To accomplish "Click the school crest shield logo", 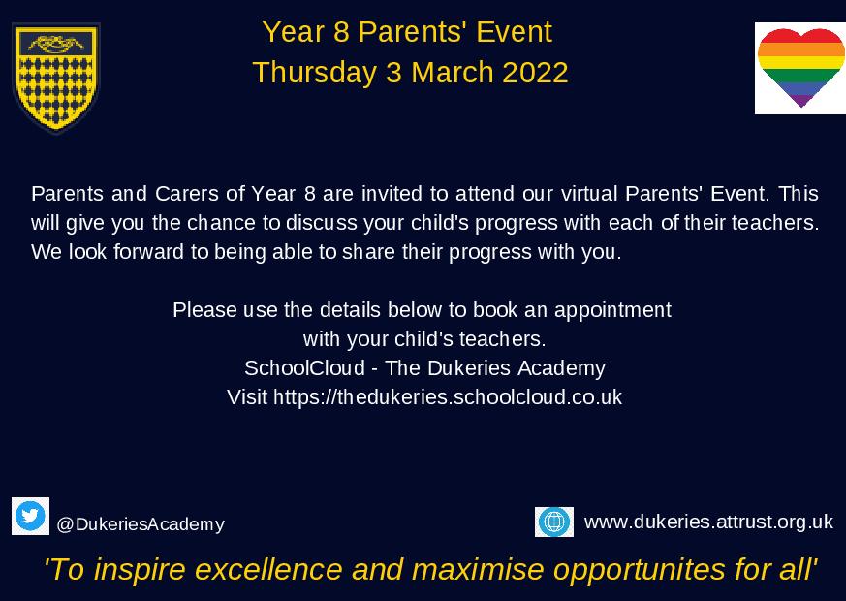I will [55, 78].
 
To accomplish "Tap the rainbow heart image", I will [799, 67].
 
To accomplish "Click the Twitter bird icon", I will [31, 516].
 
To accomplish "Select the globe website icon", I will [554, 522].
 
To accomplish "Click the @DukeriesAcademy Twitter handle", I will [141, 524].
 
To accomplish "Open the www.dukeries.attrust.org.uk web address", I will [708, 522].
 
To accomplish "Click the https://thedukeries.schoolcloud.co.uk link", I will [448, 396].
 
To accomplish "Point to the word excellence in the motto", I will [266, 569].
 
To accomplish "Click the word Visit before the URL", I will [247, 396].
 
